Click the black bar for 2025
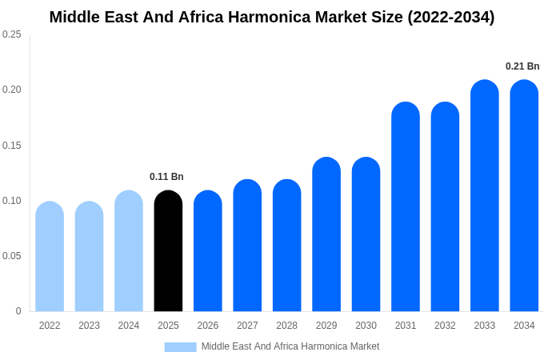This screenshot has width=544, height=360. tap(168, 252)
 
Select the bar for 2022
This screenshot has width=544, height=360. tap(50, 258)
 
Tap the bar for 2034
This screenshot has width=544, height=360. tap(524, 197)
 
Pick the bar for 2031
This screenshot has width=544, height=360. tap(406, 208)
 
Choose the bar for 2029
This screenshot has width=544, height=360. tap(326, 235)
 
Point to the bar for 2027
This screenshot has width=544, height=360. tap(247, 246)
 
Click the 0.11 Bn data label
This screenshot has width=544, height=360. tap(166, 177)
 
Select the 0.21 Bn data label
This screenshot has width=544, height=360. tap(522, 66)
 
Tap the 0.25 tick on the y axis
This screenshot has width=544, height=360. tap(12, 34)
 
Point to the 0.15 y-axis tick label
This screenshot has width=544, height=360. tap(12, 146)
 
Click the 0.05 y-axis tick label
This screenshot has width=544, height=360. tap(12, 256)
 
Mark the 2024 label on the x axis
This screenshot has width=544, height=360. tap(129, 326)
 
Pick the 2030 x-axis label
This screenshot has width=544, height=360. tap(366, 326)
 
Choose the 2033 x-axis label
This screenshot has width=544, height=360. tap(484, 326)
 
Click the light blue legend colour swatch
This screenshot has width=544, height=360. tap(180, 347)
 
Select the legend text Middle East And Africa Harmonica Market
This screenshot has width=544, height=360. tap(290, 346)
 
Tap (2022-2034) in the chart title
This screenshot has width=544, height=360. tap(451, 17)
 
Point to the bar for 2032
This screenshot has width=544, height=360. tap(445, 208)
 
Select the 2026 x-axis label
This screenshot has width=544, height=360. tap(208, 326)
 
